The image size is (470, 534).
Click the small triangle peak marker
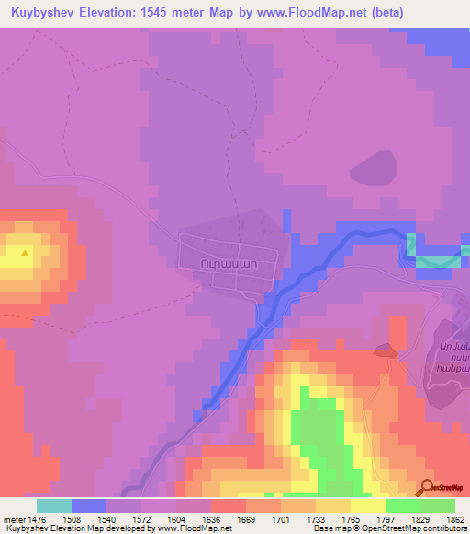click(25, 251)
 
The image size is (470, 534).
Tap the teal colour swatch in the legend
click(54, 505)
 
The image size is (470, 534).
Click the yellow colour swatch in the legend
click(367, 505)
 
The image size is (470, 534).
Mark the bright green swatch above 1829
click(402, 505)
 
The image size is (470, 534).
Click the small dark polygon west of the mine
click(384, 349)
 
